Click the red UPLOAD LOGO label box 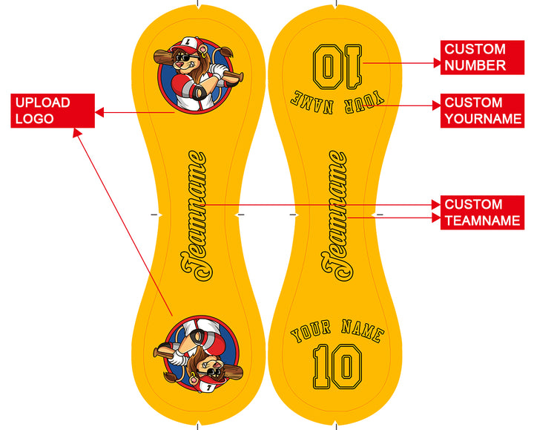tap(53, 111)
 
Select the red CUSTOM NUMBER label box tap(482, 57)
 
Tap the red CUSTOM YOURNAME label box tap(482, 111)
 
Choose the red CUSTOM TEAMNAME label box tap(482, 212)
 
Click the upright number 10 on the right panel tap(337, 367)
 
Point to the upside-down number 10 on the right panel tap(337, 67)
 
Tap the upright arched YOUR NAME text tap(337, 330)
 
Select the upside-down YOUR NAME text tap(337, 102)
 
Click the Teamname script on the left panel tap(194, 216)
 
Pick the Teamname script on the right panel tap(334, 216)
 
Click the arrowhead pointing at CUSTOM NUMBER tap(437, 63)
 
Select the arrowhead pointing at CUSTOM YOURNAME tap(437, 105)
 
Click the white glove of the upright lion tap(217, 71)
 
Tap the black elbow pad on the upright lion tap(199, 92)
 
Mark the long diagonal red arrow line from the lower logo tap(122, 222)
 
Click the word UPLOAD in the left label tap(42, 102)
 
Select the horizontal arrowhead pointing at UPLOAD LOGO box tap(99, 112)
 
